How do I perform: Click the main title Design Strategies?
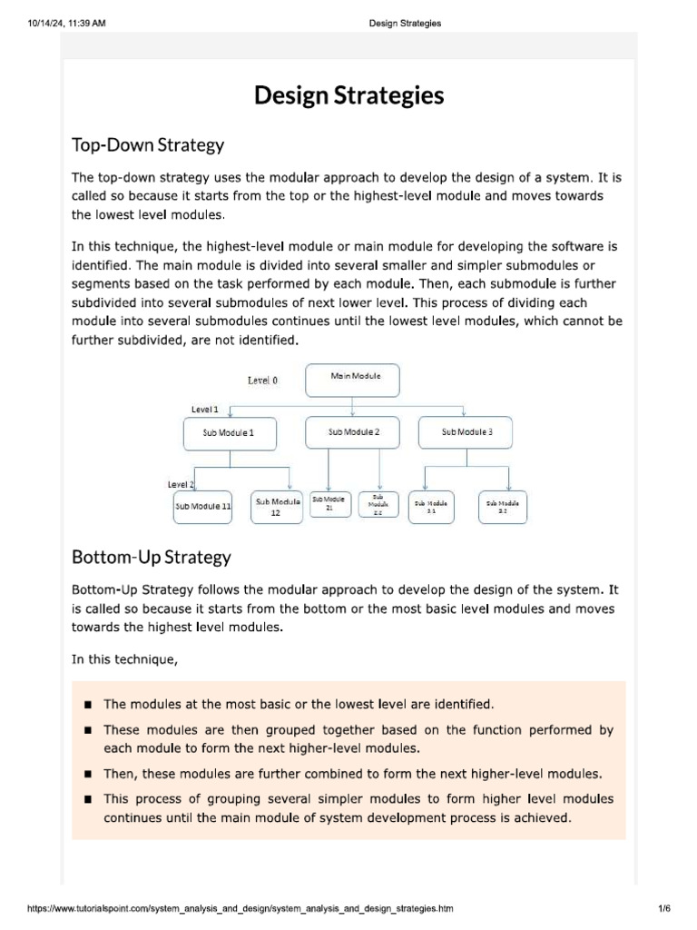(348, 95)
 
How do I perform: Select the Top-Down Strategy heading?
(148, 144)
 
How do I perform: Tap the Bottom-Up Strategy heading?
(152, 557)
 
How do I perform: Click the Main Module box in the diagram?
(352, 381)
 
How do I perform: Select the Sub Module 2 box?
(353, 432)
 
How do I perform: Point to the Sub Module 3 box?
(466, 432)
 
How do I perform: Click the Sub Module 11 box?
(202, 507)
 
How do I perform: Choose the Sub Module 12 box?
(278, 507)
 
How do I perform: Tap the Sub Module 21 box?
(329, 505)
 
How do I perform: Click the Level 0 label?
(262, 381)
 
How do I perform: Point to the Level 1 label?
(204, 410)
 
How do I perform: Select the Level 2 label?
(182, 485)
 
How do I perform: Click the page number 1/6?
(663, 908)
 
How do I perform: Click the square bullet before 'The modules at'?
(88, 705)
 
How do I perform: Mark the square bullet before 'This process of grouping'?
(88, 800)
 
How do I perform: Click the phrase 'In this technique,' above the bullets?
(125, 659)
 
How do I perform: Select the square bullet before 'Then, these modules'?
(88, 775)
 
